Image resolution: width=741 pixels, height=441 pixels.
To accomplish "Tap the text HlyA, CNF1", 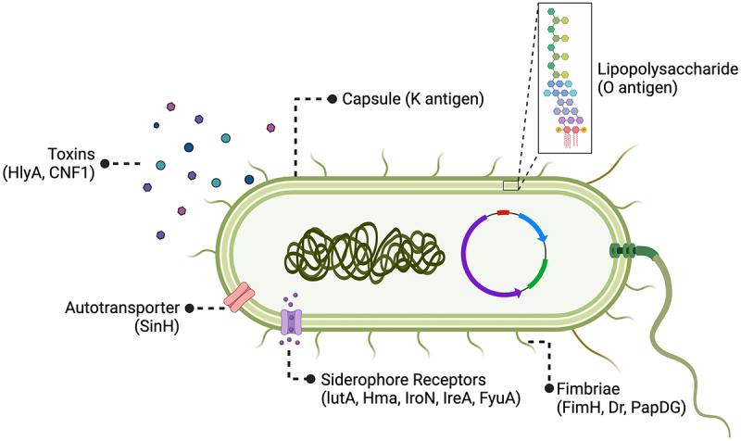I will click(48, 172).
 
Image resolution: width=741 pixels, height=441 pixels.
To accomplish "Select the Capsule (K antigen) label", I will click(404, 98).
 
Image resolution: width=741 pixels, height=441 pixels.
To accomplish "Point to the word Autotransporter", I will click(124, 308).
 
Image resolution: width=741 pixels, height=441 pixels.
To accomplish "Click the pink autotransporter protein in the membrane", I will click(239, 297).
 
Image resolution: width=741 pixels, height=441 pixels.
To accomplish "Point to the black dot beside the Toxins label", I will click(105, 163).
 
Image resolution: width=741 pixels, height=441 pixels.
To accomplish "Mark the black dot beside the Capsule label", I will click(332, 98).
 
